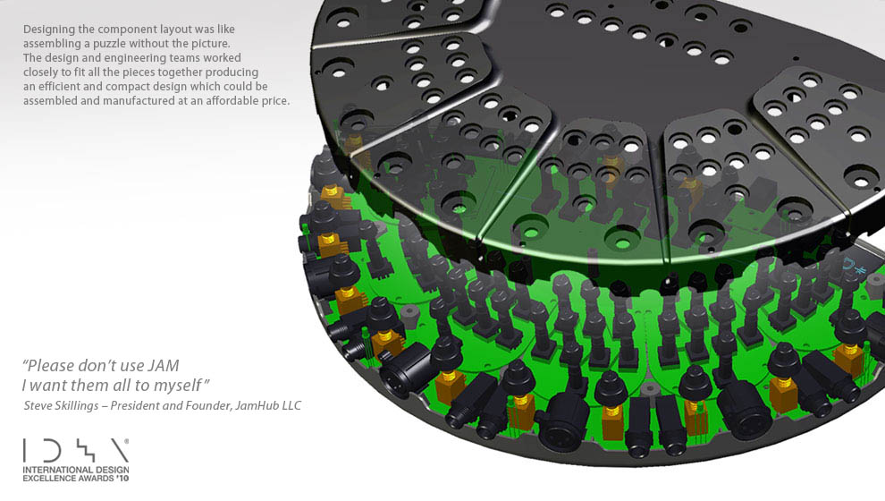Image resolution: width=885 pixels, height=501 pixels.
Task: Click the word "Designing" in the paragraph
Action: pyautogui.click(x=50, y=30)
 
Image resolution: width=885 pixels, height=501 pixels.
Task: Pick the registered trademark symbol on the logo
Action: pyautogui.click(x=126, y=441)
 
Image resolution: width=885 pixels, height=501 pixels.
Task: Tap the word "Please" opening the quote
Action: pyautogui.click(x=47, y=366)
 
